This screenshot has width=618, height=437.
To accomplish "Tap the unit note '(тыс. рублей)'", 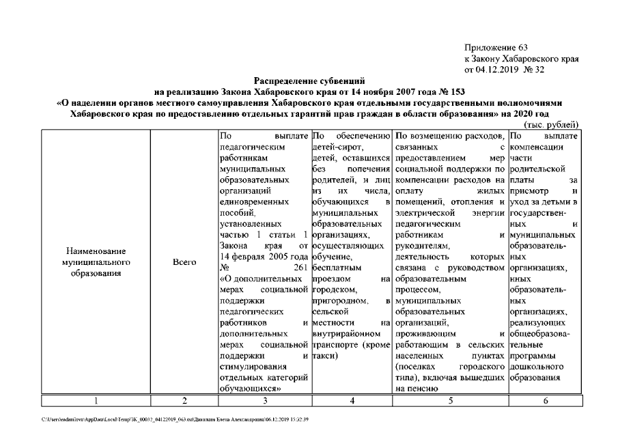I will click(x=551, y=124).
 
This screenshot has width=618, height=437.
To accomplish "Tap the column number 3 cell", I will click(x=264, y=401).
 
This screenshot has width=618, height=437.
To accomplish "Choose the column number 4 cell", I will click(x=351, y=401).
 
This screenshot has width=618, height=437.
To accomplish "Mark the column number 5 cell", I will click(x=450, y=401).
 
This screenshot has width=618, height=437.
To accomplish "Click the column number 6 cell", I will click(x=544, y=401).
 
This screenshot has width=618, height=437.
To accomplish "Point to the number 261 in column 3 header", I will click(x=300, y=267).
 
